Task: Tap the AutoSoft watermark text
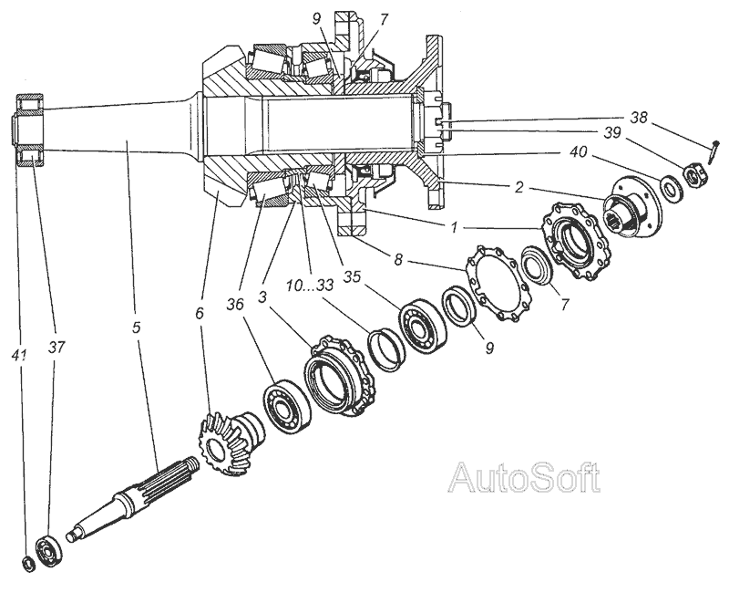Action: pyautogui.click(x=526, y=476)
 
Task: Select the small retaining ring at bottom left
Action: pyautogui.click(x=27, y=563)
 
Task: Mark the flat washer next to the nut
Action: pyautogui.click(x=668, y=189)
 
